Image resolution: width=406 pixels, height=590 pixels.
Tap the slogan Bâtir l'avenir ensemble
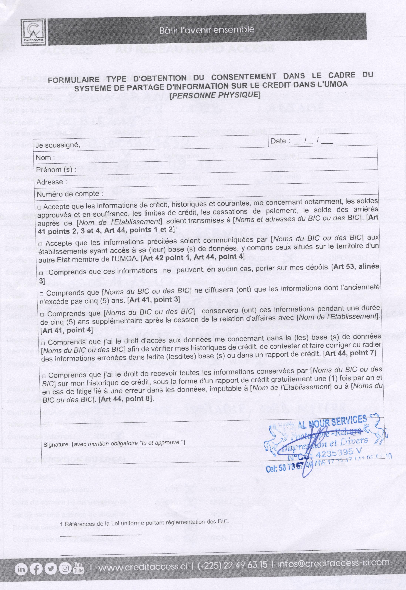pyautogui.click(x=207, y=30)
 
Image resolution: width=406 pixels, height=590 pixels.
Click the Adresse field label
pyautogui.click(x=51, y=182)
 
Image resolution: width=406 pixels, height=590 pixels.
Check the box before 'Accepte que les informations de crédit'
pyautogui.click(x=39, y=208)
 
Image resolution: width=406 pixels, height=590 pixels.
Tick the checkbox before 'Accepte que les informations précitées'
pyautogui.click(x=40, y=244)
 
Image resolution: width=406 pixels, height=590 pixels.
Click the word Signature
pyautogui.click(x=56, y=445)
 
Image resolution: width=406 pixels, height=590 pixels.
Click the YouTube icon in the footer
pyautogui.click(x=78, y=567)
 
